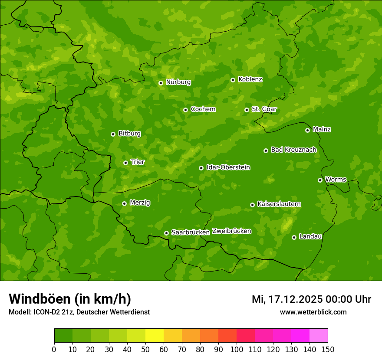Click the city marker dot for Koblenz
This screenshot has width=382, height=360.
[233, 80]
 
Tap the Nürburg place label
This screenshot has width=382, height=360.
[178, 82]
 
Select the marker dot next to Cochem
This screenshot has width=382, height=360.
[185, 110]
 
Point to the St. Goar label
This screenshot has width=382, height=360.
[264, 109]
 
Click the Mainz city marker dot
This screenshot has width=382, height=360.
[307, 130]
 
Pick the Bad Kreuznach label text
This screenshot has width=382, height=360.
[293, 150]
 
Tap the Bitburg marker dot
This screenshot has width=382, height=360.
[113, 134]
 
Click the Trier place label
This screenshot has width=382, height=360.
[138, 162]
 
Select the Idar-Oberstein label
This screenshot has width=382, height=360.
[228, 167]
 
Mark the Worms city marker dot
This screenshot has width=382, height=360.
[320, 180]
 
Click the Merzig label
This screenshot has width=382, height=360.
[140, 203]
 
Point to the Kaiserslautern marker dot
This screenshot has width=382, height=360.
[252, 205]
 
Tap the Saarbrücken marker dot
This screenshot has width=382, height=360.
[166, 233]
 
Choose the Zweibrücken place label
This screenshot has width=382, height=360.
[231, 231]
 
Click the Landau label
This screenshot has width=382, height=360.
[310, 236]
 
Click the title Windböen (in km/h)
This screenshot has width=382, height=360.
[70, 299]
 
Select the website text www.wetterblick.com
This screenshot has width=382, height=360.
[313, 312]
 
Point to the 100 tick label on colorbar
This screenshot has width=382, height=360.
[237, 349]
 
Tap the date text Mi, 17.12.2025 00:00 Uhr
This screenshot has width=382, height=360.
[311, 299]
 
